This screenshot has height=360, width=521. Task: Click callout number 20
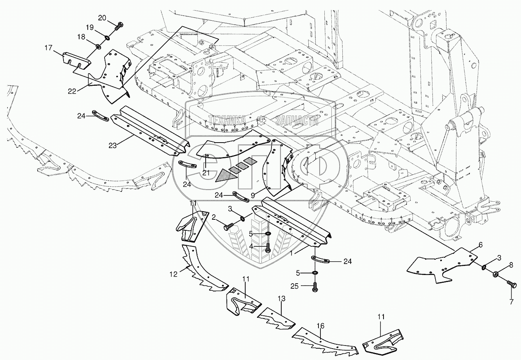(x=102, y=18)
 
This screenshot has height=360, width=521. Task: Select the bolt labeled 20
(x=118, y=26)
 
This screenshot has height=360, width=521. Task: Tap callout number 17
(x=49, y=48)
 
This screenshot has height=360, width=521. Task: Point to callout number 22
(x=72, y=91)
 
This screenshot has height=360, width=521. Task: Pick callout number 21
(x=206, y=173)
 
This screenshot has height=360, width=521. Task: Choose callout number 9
(x=253, y=196)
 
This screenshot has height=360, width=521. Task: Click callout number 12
(x=174, y=274)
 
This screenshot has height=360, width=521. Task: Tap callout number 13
(x=281, y=298)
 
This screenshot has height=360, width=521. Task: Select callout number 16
(x=320, y=326)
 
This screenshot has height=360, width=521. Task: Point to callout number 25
(x=295, y=286)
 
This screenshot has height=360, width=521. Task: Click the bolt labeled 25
(x=315, y=287)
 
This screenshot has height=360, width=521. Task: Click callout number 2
(x=214, y=217)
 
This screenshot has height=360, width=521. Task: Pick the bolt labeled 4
(x=268, y=248)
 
